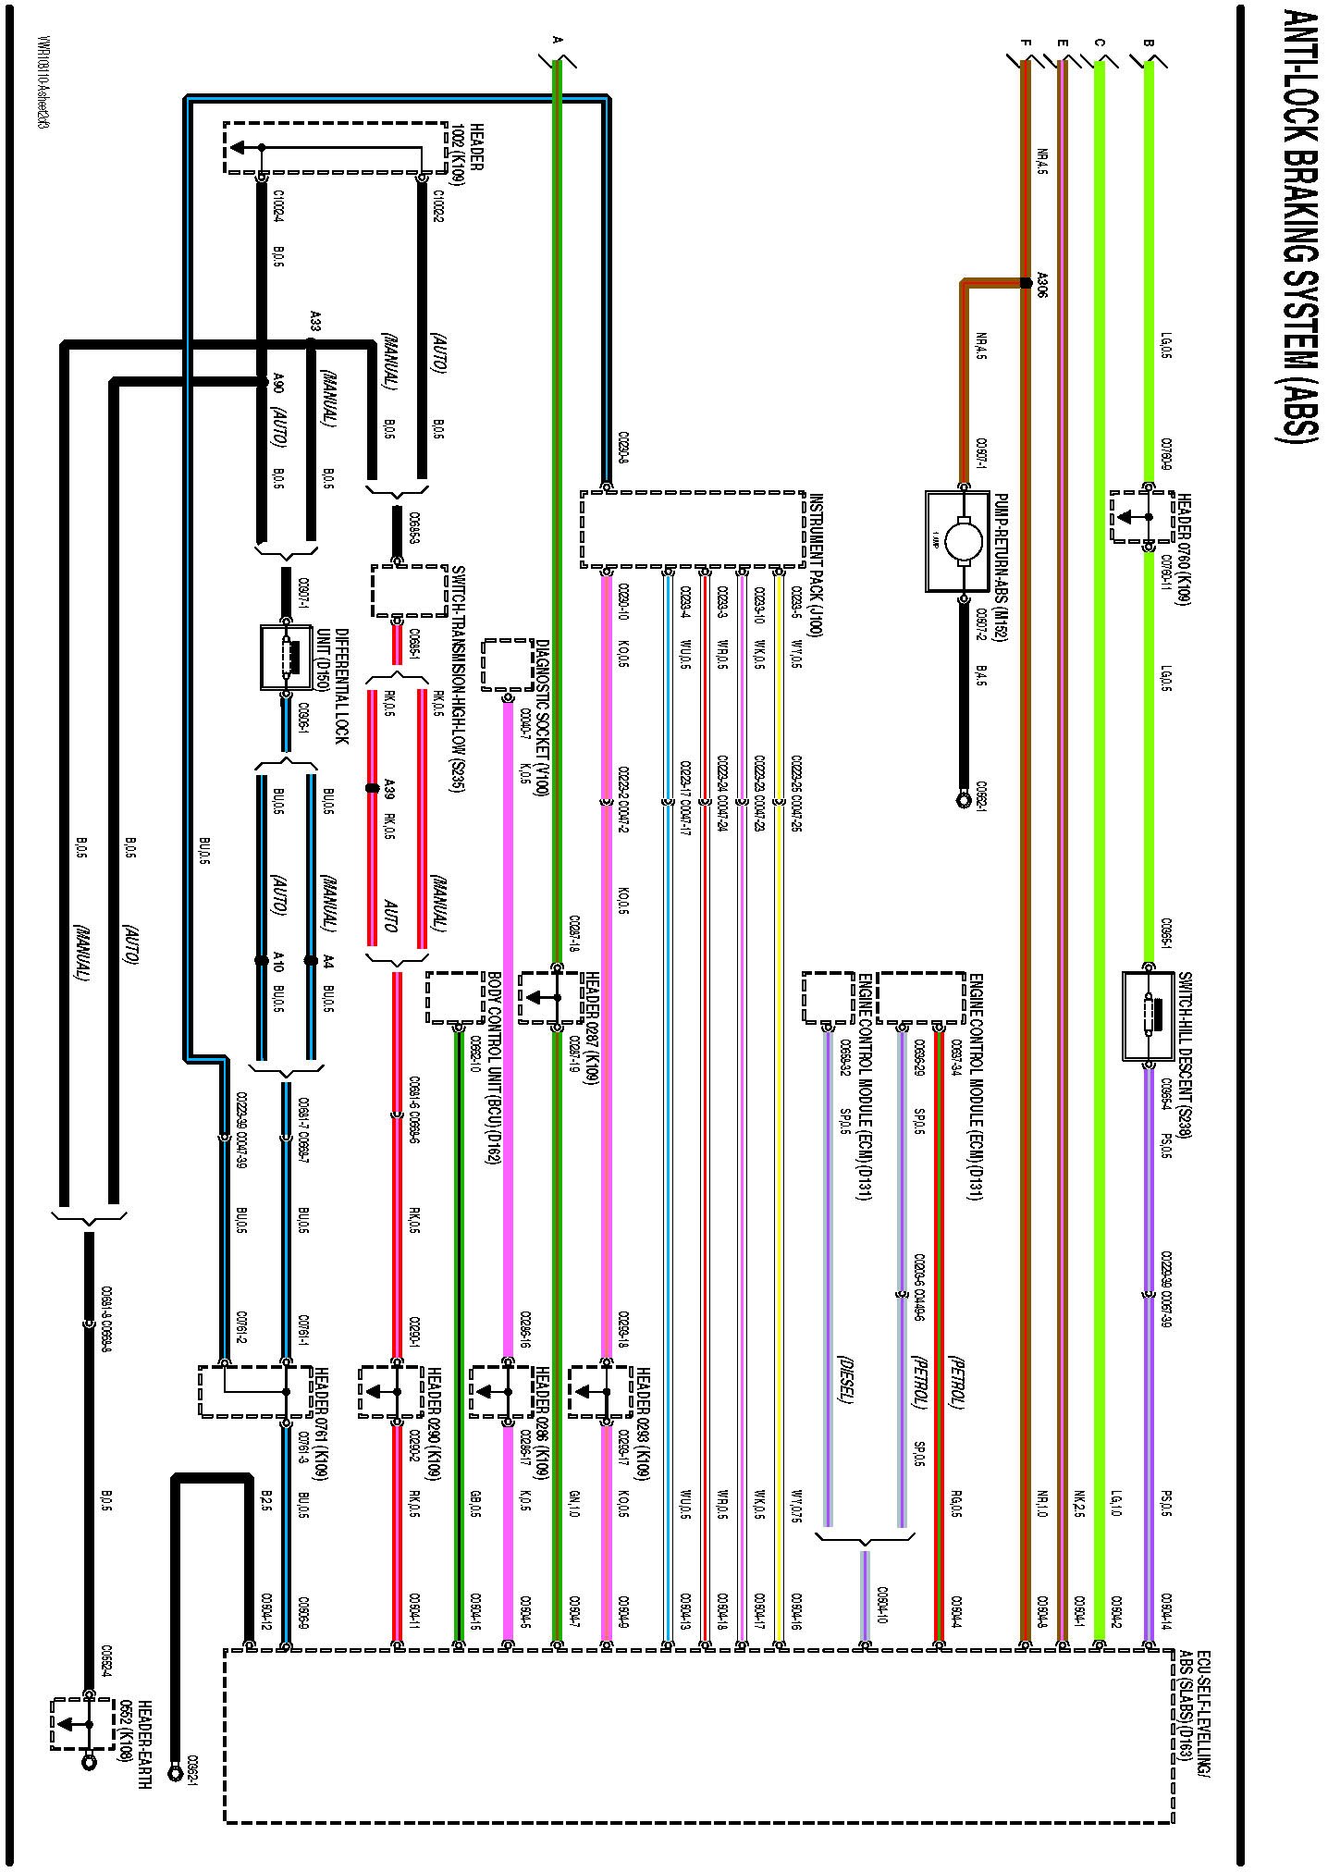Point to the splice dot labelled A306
click(1025, 283)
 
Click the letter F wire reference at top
click(1025, 43)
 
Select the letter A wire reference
click(556, 40)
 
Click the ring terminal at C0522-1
click(963, 794)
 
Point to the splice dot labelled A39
click(372, 788)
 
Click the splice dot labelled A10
click(262, 961)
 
